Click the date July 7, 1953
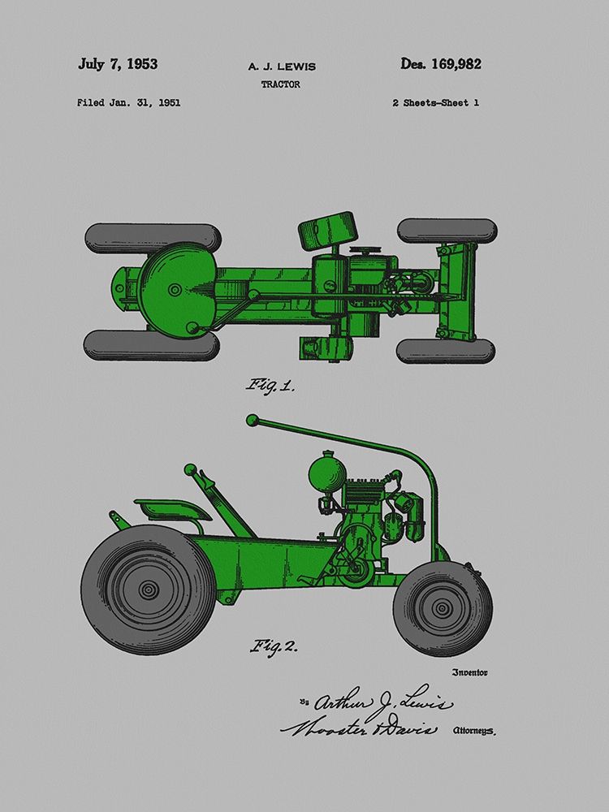[118, 64]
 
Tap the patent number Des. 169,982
[441, 64]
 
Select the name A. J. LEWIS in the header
[282, 67]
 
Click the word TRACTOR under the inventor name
[281, 84]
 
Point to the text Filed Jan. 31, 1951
[129, 102]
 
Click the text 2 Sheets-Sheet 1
[435, 102]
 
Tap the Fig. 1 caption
[270, 386]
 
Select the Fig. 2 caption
[274, 646]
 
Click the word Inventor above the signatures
[469, 672]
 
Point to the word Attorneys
[474, 731]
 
